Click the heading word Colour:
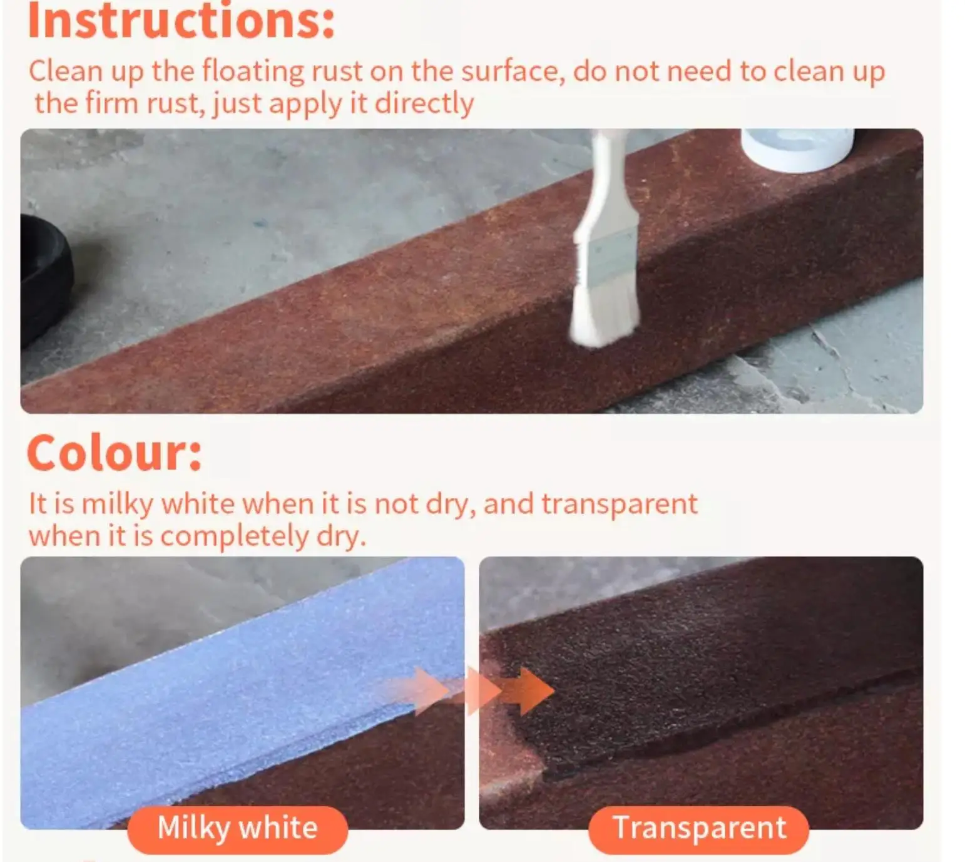(115, 453)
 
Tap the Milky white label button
(237, 828)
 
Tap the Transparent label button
(698, 828)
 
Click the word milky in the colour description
(118, 504)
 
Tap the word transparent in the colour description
(619, 504)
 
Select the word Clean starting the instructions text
(65, 71)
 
